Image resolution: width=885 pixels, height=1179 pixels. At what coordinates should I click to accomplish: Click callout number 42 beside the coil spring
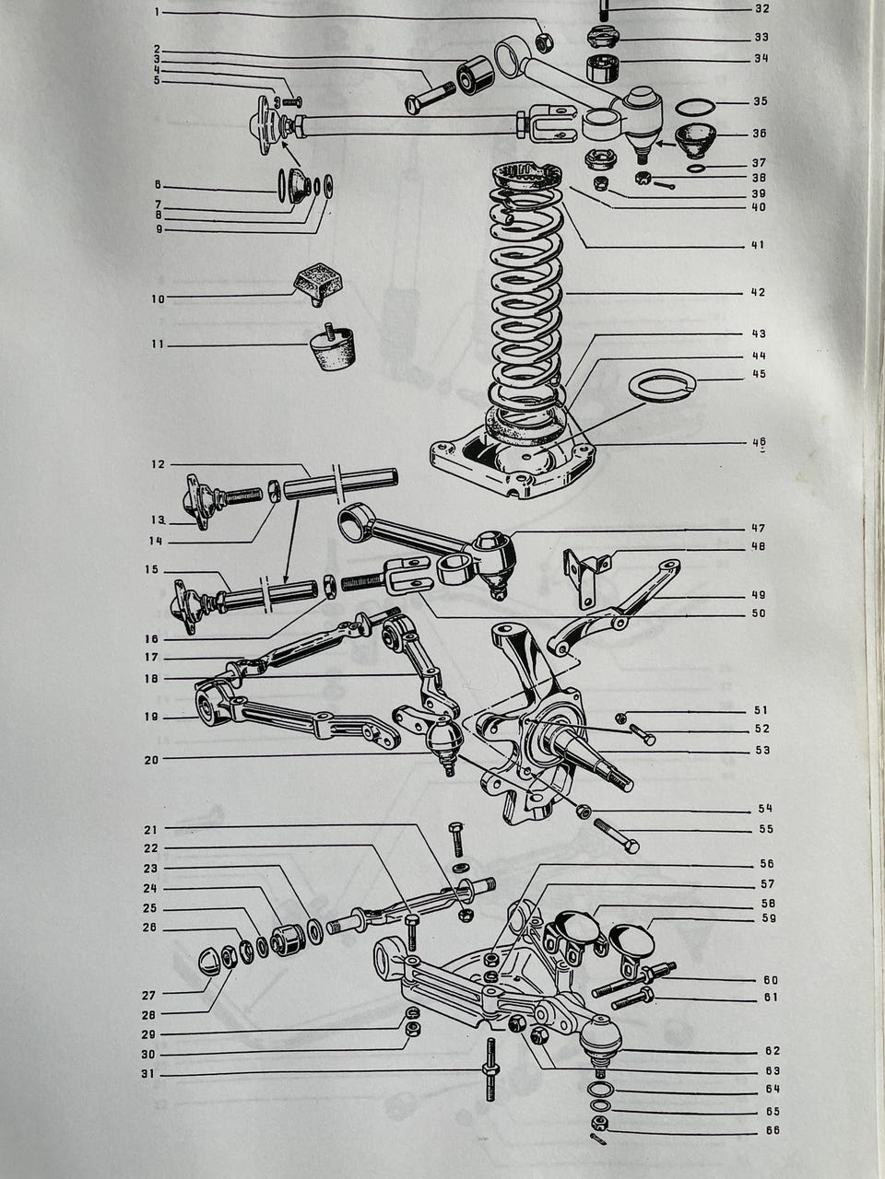click(758, 293)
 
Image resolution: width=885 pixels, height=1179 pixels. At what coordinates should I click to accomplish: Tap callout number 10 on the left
click(158, 299)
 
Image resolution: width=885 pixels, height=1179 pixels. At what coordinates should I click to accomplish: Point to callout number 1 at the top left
click(157, 12)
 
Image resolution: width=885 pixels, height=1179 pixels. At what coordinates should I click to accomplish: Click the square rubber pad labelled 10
click(319, 283)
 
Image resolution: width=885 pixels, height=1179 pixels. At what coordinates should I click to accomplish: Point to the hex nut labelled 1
click(544, 41)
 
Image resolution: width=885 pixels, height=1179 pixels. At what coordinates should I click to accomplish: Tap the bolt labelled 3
click(430, 97)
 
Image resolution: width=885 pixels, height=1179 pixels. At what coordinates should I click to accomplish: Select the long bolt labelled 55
click(617, 835)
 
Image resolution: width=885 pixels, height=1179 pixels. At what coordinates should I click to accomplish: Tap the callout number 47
click(758, 528)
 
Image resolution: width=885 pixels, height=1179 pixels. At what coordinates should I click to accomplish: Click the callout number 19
click(151, 717)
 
